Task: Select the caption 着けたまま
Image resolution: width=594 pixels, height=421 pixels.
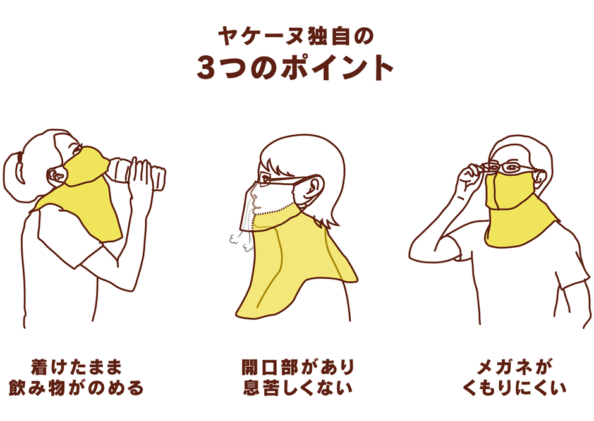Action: pyautogui.click(x=76, y=367)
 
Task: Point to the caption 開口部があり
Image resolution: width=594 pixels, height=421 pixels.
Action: pyautogui.click(x=297, y=367)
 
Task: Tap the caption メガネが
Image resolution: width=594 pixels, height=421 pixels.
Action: pyautogui.click(x=514, y=367)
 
